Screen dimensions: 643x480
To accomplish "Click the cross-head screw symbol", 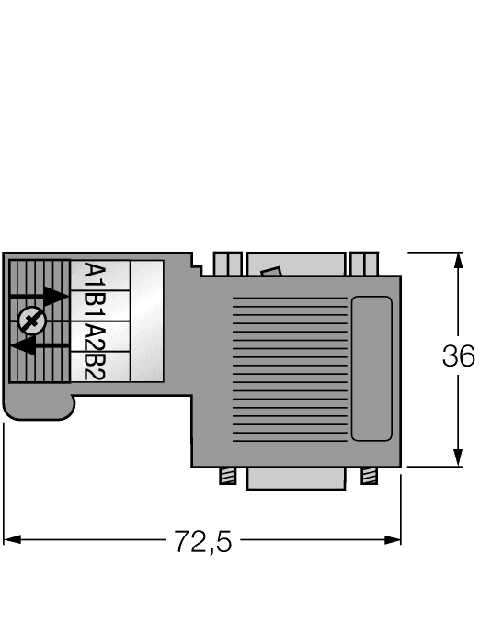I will pyautogui.click(x=30, y=321).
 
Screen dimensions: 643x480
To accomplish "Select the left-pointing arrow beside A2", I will pyautogui.click(x=41, y=346).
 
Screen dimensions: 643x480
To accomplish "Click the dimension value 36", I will pyautogui.click(x=458, y=356).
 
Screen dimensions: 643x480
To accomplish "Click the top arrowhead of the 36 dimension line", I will pyautogui.click(x=457, y=262).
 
